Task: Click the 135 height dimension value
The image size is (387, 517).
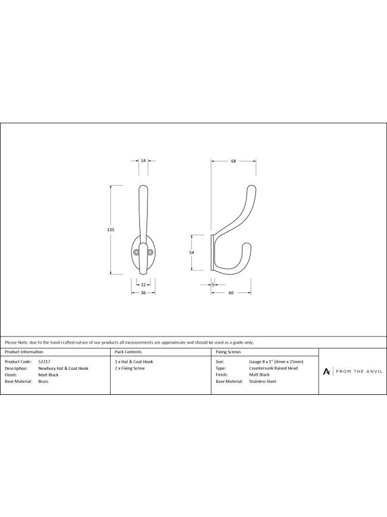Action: click(111, 229)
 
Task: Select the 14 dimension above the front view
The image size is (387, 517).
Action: click(143, 161)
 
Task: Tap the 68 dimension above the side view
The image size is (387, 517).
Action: click(233, 161)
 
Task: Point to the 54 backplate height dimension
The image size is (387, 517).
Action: click(192, 252)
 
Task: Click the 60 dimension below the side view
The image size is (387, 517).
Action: click(231, 293)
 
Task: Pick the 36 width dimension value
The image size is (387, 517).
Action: click(143, 293)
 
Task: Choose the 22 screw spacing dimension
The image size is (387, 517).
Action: click(143, 285)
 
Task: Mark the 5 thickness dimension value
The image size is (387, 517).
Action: click(213, 285)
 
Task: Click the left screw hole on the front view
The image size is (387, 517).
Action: click(136, 252)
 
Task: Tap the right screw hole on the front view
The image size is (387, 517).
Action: click(150, 252)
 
